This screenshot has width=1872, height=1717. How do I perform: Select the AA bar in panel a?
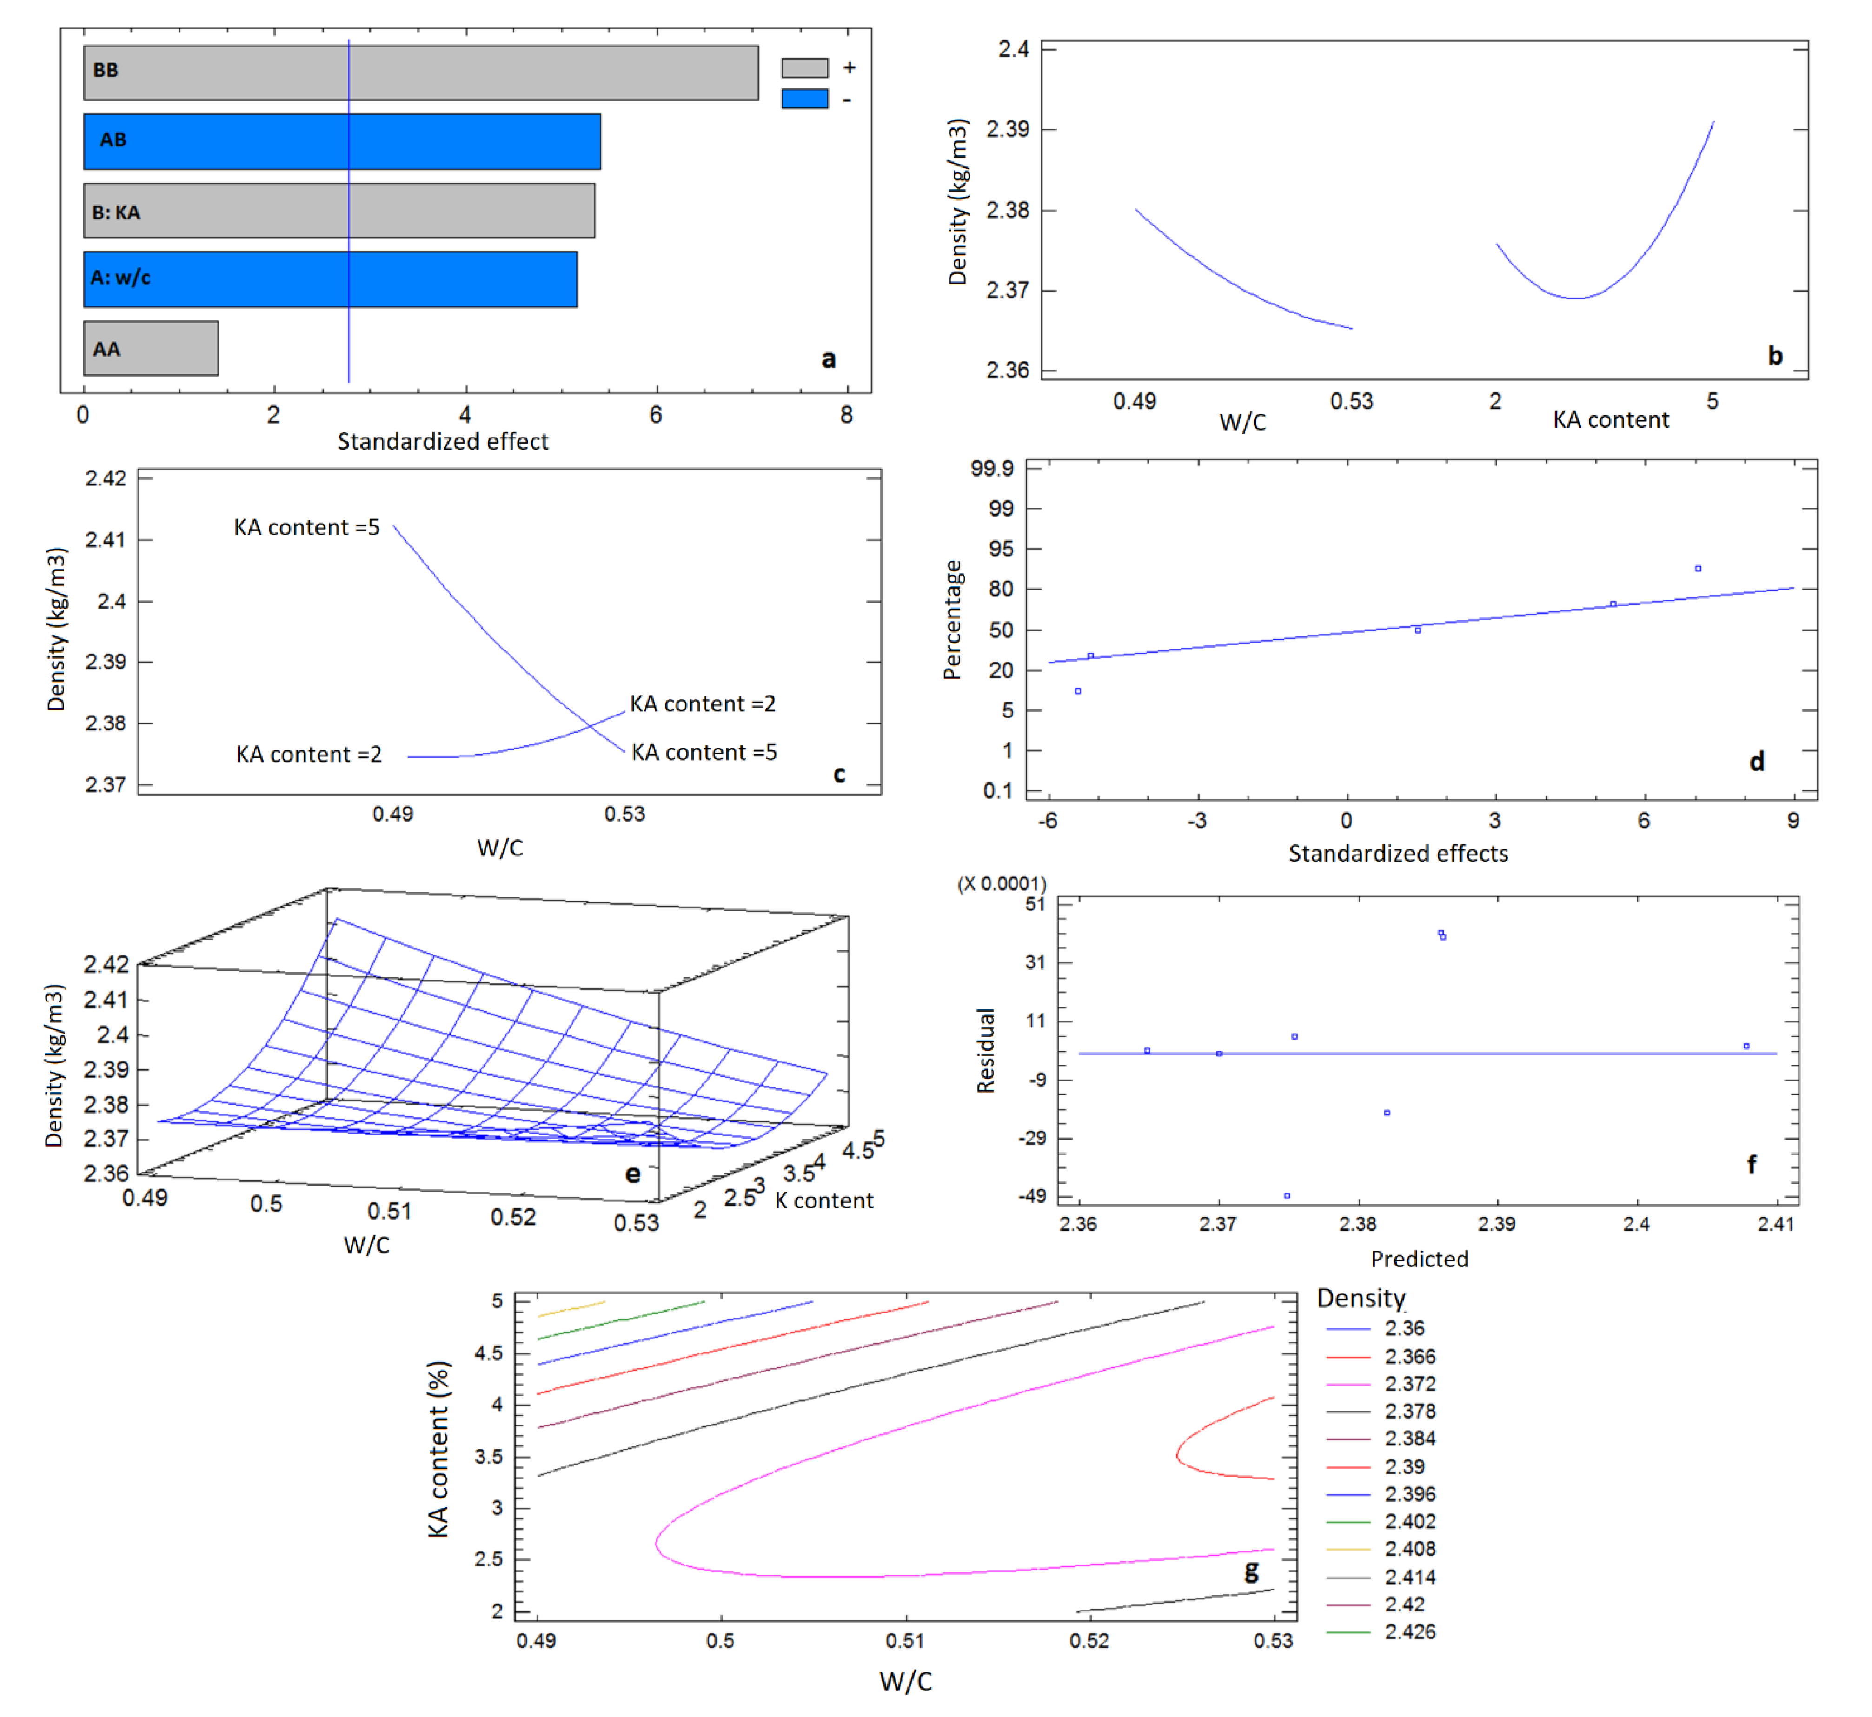coord(151,348)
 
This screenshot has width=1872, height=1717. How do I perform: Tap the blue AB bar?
coord(342,141)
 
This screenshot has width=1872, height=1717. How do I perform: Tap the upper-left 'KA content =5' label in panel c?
coord(306,528)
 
